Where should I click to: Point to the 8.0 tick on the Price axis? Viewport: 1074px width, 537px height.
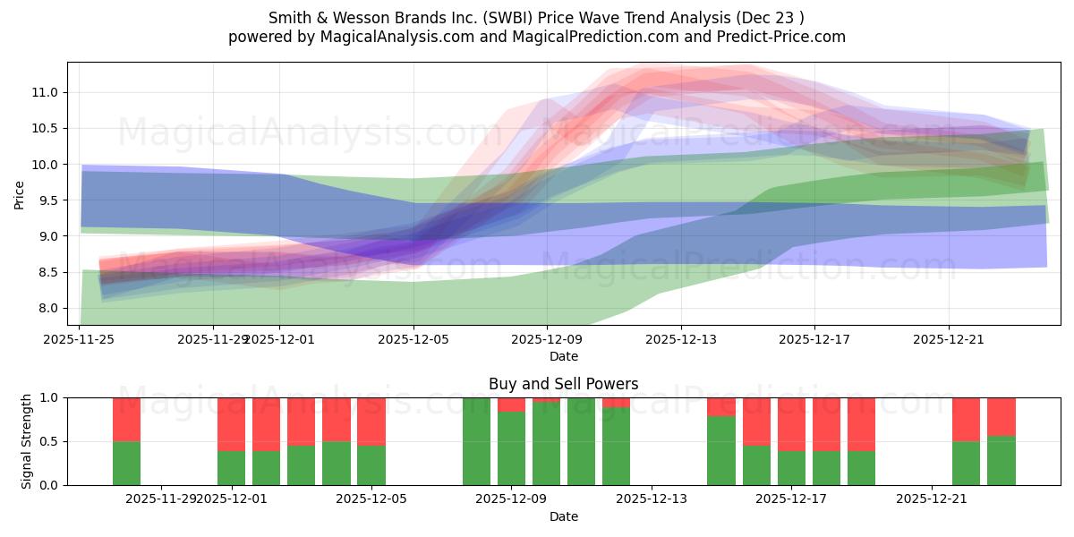coord(48,308)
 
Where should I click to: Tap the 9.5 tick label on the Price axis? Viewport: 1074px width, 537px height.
coord(48,200)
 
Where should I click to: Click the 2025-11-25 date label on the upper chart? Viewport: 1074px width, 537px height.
coord(81,339)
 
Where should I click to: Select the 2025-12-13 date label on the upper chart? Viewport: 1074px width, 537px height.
coord(681,339)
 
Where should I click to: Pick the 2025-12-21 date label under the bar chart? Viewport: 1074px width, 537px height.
coord(933,499)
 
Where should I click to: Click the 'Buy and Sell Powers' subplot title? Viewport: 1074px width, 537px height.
coord(563,384)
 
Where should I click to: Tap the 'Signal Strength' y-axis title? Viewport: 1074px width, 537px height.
coord(27,440)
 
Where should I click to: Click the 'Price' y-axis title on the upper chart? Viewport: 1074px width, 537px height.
coord(20,193)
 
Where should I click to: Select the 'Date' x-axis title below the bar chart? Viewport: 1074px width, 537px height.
coord(563,516)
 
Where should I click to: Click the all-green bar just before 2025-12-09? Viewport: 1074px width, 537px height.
coord(476,440)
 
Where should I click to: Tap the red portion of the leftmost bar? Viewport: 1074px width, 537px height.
coord(127,419)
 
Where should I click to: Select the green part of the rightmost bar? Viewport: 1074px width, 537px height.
coord(1002,460)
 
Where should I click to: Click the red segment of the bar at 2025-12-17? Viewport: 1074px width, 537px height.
coord(791,423)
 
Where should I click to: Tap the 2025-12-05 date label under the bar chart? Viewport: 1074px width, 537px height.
coord(371,499)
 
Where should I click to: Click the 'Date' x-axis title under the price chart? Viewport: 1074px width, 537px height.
coord(563,356)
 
